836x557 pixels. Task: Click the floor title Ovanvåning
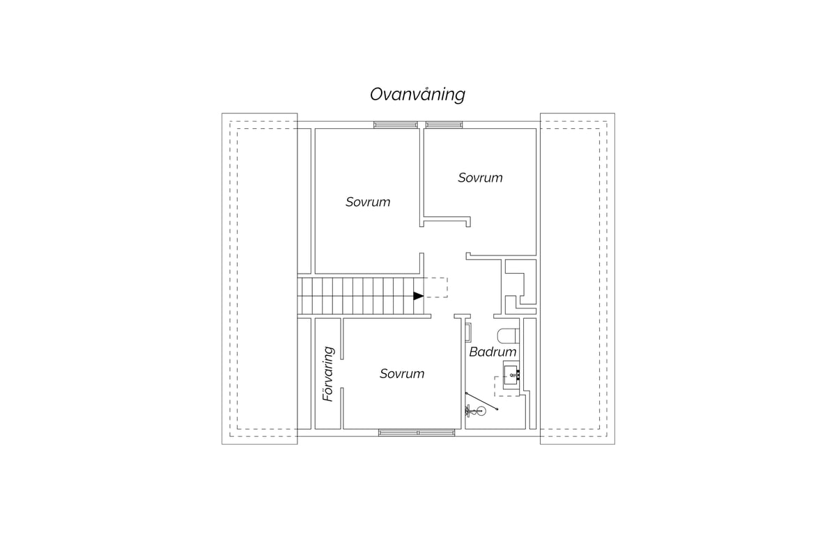point(417,95)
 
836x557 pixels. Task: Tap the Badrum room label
point(493,352)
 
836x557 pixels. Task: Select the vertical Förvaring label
point(328,374)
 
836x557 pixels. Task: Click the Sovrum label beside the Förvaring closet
point(402,373)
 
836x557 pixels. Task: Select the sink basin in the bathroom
point(511,375)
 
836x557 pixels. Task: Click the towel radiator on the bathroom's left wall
point(468,332)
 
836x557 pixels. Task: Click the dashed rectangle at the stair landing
point(436,288)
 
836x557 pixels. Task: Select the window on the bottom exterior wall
point(417,433)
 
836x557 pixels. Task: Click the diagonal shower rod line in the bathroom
point(481,401)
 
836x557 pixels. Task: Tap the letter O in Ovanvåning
point(377,95)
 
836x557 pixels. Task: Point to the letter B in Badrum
point(473,352)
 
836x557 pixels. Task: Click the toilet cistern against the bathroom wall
point(517,336)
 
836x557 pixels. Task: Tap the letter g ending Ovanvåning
point(460,97)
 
